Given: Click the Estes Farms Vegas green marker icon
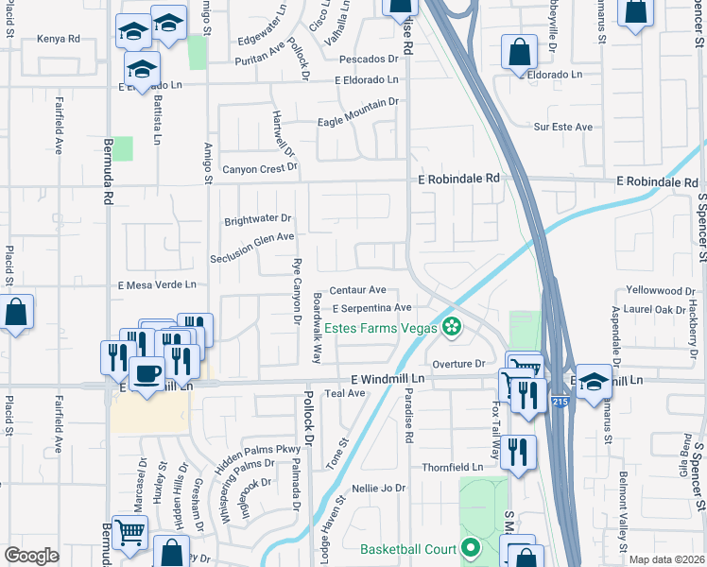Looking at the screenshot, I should [453, 328].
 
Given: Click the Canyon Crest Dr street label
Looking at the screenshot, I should [260, 169].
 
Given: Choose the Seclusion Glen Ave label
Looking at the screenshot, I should [253, 239].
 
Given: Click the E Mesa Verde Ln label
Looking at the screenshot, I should [157, 283].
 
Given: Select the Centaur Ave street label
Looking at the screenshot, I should [358, 289].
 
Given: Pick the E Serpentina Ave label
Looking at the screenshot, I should [371, 307].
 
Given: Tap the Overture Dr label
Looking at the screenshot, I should [457, 363].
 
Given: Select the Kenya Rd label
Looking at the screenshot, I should [59, 39].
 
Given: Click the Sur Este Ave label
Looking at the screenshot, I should [562, 127].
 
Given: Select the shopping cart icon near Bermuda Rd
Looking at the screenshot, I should [129, 533].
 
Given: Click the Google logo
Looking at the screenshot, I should [32, 556].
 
